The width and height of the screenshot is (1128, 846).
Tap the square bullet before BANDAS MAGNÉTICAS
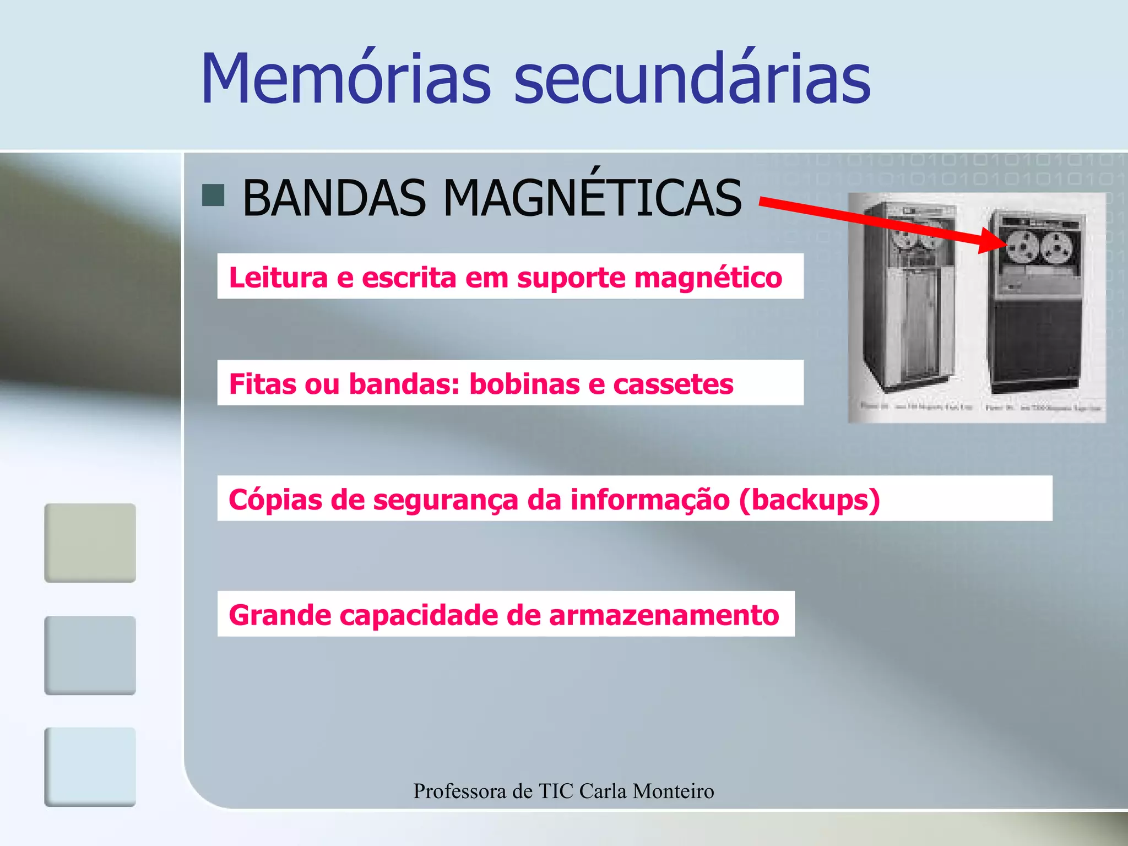pyautogui.click(x=213, y=195)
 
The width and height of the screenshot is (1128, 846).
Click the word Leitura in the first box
pyautogui.click(x=278, y=277)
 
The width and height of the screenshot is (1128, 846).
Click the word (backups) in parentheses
pyautogui.click(x=809, y=500)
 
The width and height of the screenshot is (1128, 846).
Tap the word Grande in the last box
pyautogui.click(x=280, y=615)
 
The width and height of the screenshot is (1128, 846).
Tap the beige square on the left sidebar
pyautogui.click(x=90, y=543)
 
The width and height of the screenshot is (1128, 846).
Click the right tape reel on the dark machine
pyautogui.click(x=1056, y=247)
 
